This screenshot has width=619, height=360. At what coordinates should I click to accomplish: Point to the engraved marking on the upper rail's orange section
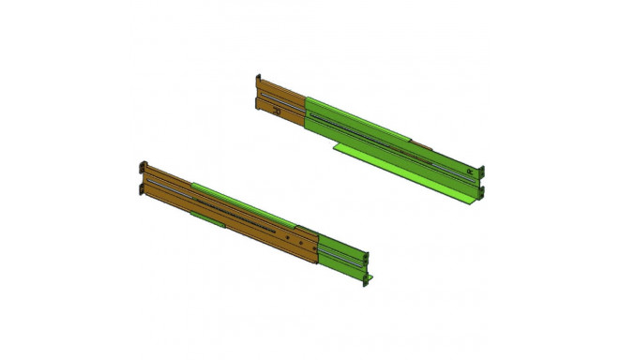pos(276,111)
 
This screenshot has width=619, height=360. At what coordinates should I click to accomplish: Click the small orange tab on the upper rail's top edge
pos(426,145)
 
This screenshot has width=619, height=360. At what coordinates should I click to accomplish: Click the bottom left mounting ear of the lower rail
pos(141,187)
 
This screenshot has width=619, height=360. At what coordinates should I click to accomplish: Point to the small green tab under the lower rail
pos(208,218)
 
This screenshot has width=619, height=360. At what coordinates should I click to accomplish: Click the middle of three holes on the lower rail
pos(300,242)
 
